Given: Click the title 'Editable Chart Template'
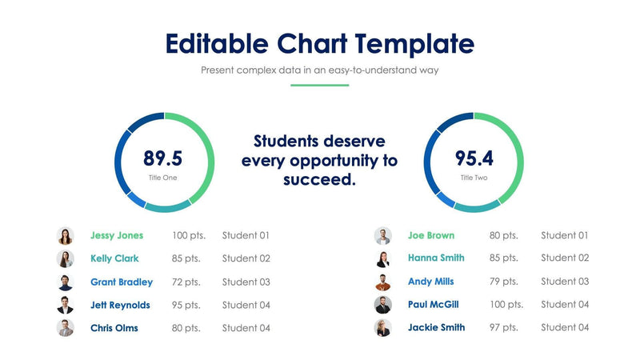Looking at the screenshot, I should click(319, 43).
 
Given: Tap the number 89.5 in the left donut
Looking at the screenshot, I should click(163, 158).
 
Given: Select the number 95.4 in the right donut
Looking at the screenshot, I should click(474, 158).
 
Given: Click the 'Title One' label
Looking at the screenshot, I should click(163, 178).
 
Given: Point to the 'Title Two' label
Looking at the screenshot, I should click(474, 178).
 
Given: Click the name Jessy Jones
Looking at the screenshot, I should click(117, 235).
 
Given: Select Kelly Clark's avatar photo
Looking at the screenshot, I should click(66, 258).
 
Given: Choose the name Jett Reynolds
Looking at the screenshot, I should click(120, 305).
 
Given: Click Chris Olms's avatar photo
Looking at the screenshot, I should click(66, 328).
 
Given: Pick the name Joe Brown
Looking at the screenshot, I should click(430, 235).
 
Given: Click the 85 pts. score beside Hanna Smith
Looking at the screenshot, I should click(504, 258).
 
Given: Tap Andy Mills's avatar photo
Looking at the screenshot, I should click(383, 282).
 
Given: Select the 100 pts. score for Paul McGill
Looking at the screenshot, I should click(506, 304).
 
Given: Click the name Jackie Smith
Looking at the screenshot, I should click(436, 327).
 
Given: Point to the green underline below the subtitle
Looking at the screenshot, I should click(319, 85).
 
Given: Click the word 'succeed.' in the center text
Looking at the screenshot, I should click(319, 180).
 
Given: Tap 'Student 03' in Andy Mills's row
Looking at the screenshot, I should click(565, 281).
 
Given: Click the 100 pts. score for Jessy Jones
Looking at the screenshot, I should click(189, 235).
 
